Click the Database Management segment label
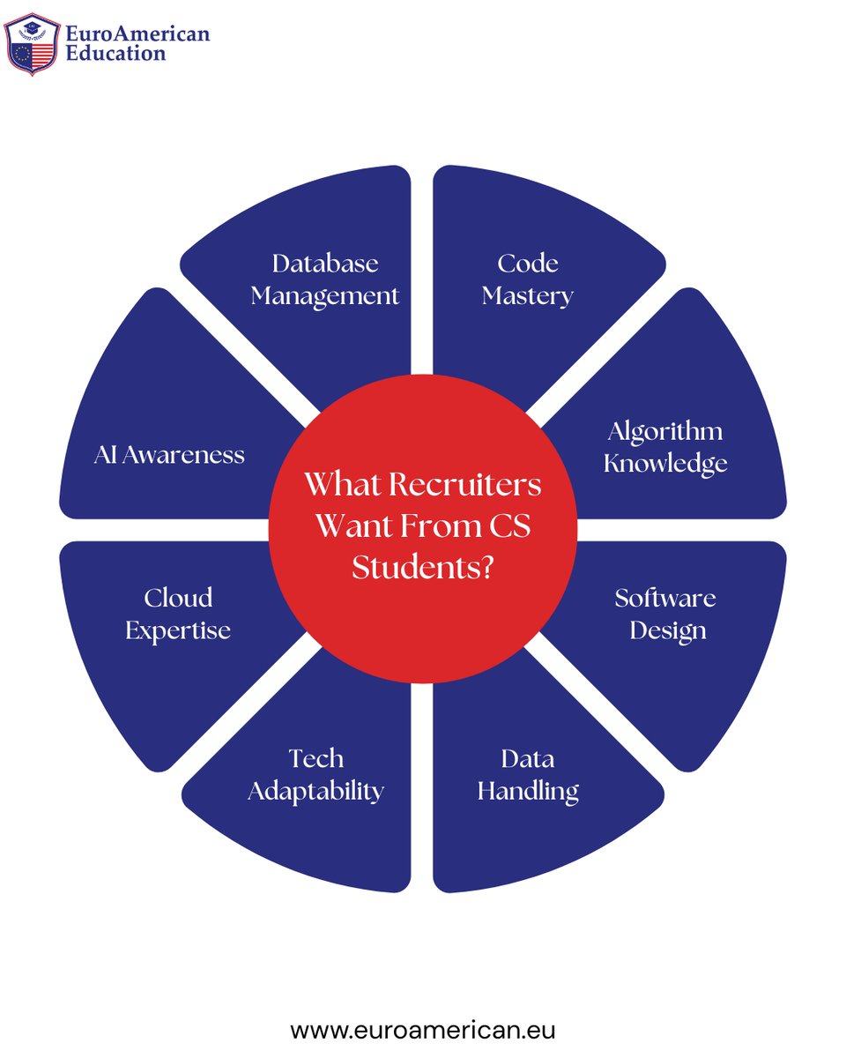325,279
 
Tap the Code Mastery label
528,279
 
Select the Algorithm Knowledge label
665,446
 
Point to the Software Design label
665,614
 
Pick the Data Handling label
528,774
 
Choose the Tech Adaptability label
315,774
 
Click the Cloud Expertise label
178,614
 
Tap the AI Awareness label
169,455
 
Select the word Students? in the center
422,567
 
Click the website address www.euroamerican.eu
423,1029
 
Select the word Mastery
528,295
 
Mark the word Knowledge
665,463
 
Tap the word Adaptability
315,791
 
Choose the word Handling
528,791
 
